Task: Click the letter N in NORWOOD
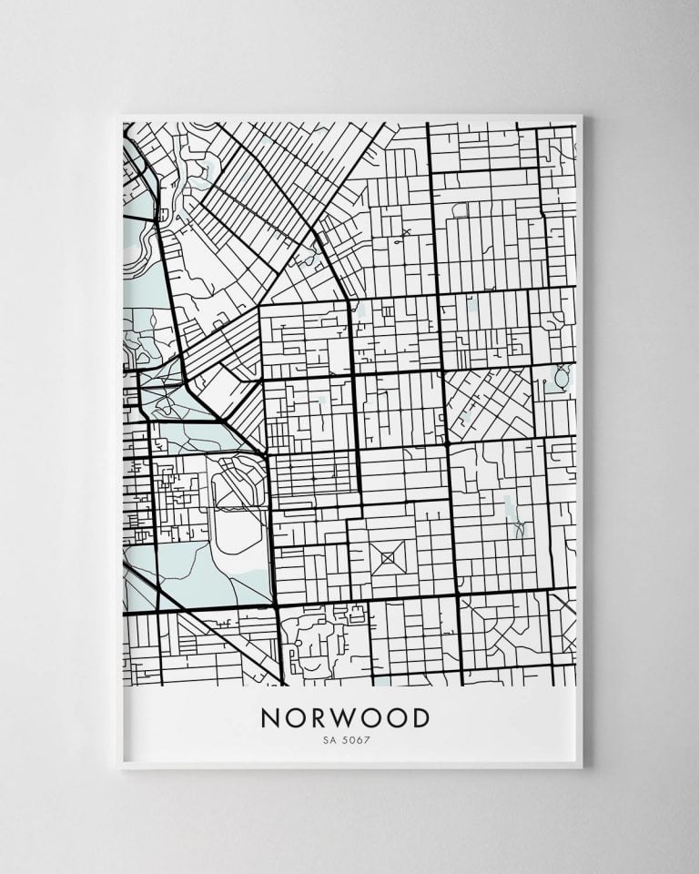pos(270,718)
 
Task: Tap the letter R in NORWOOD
pos(319,718)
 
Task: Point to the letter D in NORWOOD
pos(420,718)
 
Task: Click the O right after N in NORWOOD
pos(294,718)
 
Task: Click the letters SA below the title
pos(327,739)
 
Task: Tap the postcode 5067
pos(357,739)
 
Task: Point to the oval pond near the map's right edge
pos(561,374)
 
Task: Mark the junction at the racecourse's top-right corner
pos(266,455)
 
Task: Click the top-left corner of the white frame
pos(119,116)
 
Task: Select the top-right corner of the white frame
pos(582,116)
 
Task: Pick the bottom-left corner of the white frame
pos(119,767)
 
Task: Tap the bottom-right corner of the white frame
pos(582,767)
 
